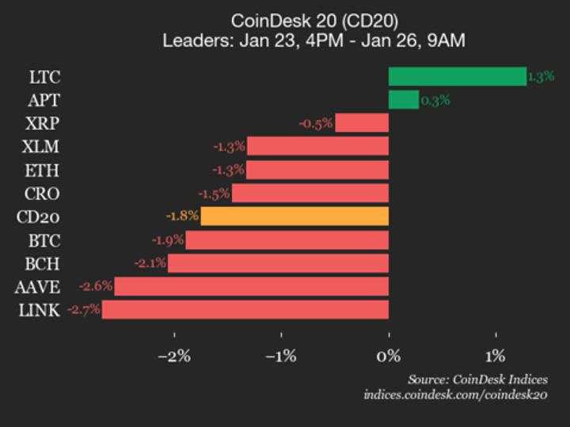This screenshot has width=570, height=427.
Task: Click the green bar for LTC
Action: coord(457,76)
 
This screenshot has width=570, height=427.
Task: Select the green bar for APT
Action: coord(403,100)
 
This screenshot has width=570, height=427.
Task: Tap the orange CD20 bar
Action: coord(294,217)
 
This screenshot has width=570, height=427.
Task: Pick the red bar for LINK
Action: coord(245,310)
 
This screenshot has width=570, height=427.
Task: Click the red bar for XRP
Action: coord(362,123)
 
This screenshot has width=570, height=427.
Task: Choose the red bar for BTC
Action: coord(287,240)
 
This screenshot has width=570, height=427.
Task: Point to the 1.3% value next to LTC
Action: coord(541,77)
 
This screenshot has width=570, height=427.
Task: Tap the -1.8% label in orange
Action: coord(182,217)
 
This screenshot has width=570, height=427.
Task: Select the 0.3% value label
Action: coord(435,100)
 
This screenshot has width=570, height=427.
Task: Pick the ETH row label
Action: coord(42,170)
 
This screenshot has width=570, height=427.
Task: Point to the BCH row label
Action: coord(41,263)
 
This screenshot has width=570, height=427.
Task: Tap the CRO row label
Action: coord(41,194)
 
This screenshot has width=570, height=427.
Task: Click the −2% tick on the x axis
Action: coord(174,356)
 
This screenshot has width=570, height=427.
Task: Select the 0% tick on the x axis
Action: coord(389,356)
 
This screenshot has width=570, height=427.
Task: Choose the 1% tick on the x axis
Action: coord(496,356)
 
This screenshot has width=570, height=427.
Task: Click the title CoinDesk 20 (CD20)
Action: coord(313,20)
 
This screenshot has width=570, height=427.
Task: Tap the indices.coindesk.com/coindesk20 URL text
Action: coord(455,395)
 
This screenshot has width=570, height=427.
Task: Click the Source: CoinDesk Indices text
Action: coord(477,380)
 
